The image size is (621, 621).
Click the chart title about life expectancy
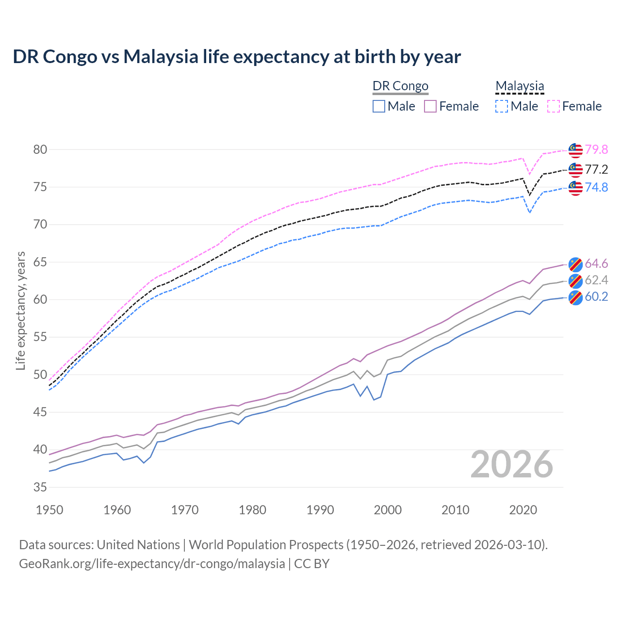237,57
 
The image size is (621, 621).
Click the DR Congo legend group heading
400,86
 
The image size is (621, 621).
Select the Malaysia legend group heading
520,86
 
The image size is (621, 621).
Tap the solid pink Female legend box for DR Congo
430,106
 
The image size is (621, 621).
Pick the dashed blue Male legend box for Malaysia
502,106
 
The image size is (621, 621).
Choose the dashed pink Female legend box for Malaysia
554,106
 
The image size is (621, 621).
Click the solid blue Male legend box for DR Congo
379,106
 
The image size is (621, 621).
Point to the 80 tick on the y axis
40,149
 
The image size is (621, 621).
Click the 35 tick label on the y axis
40,487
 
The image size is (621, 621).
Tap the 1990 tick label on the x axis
320,510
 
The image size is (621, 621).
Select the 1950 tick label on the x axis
49,510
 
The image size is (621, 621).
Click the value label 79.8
596,149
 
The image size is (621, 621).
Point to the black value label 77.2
596,169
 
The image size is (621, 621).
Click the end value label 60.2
596,296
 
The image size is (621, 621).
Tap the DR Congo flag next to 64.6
575,264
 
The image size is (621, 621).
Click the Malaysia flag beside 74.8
575,188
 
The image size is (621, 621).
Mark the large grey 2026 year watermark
512,465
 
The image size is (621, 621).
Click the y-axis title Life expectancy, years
20,310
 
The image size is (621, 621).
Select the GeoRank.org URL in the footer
152,564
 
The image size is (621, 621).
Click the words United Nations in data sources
138,545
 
